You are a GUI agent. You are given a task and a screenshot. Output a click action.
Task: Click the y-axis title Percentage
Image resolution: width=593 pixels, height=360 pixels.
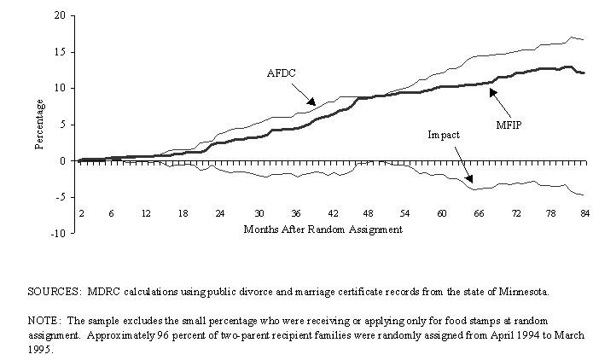pos(40,125)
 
